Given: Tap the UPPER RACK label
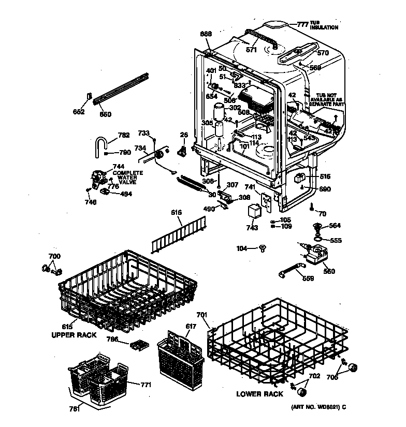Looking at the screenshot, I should [74, 335].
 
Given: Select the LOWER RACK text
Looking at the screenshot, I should [259, 394].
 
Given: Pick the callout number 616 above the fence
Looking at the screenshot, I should [177, 213].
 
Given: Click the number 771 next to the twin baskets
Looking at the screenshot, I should [146, 385].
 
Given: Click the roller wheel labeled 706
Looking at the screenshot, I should [354, 368].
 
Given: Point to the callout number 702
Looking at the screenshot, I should [314, 376].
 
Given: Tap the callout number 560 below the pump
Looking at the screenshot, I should [328, 271].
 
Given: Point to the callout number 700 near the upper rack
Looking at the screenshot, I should [54, 256].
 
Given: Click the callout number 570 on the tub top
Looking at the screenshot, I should [323, 53].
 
